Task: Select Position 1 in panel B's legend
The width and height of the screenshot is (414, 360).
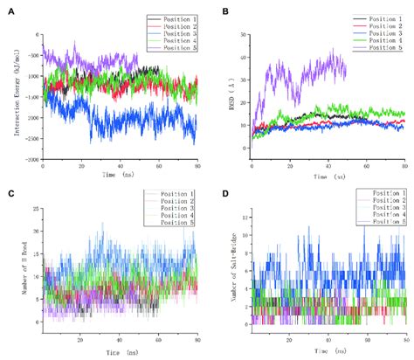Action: click(379, 17)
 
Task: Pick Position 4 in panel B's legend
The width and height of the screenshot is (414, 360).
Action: click(379, 39)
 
